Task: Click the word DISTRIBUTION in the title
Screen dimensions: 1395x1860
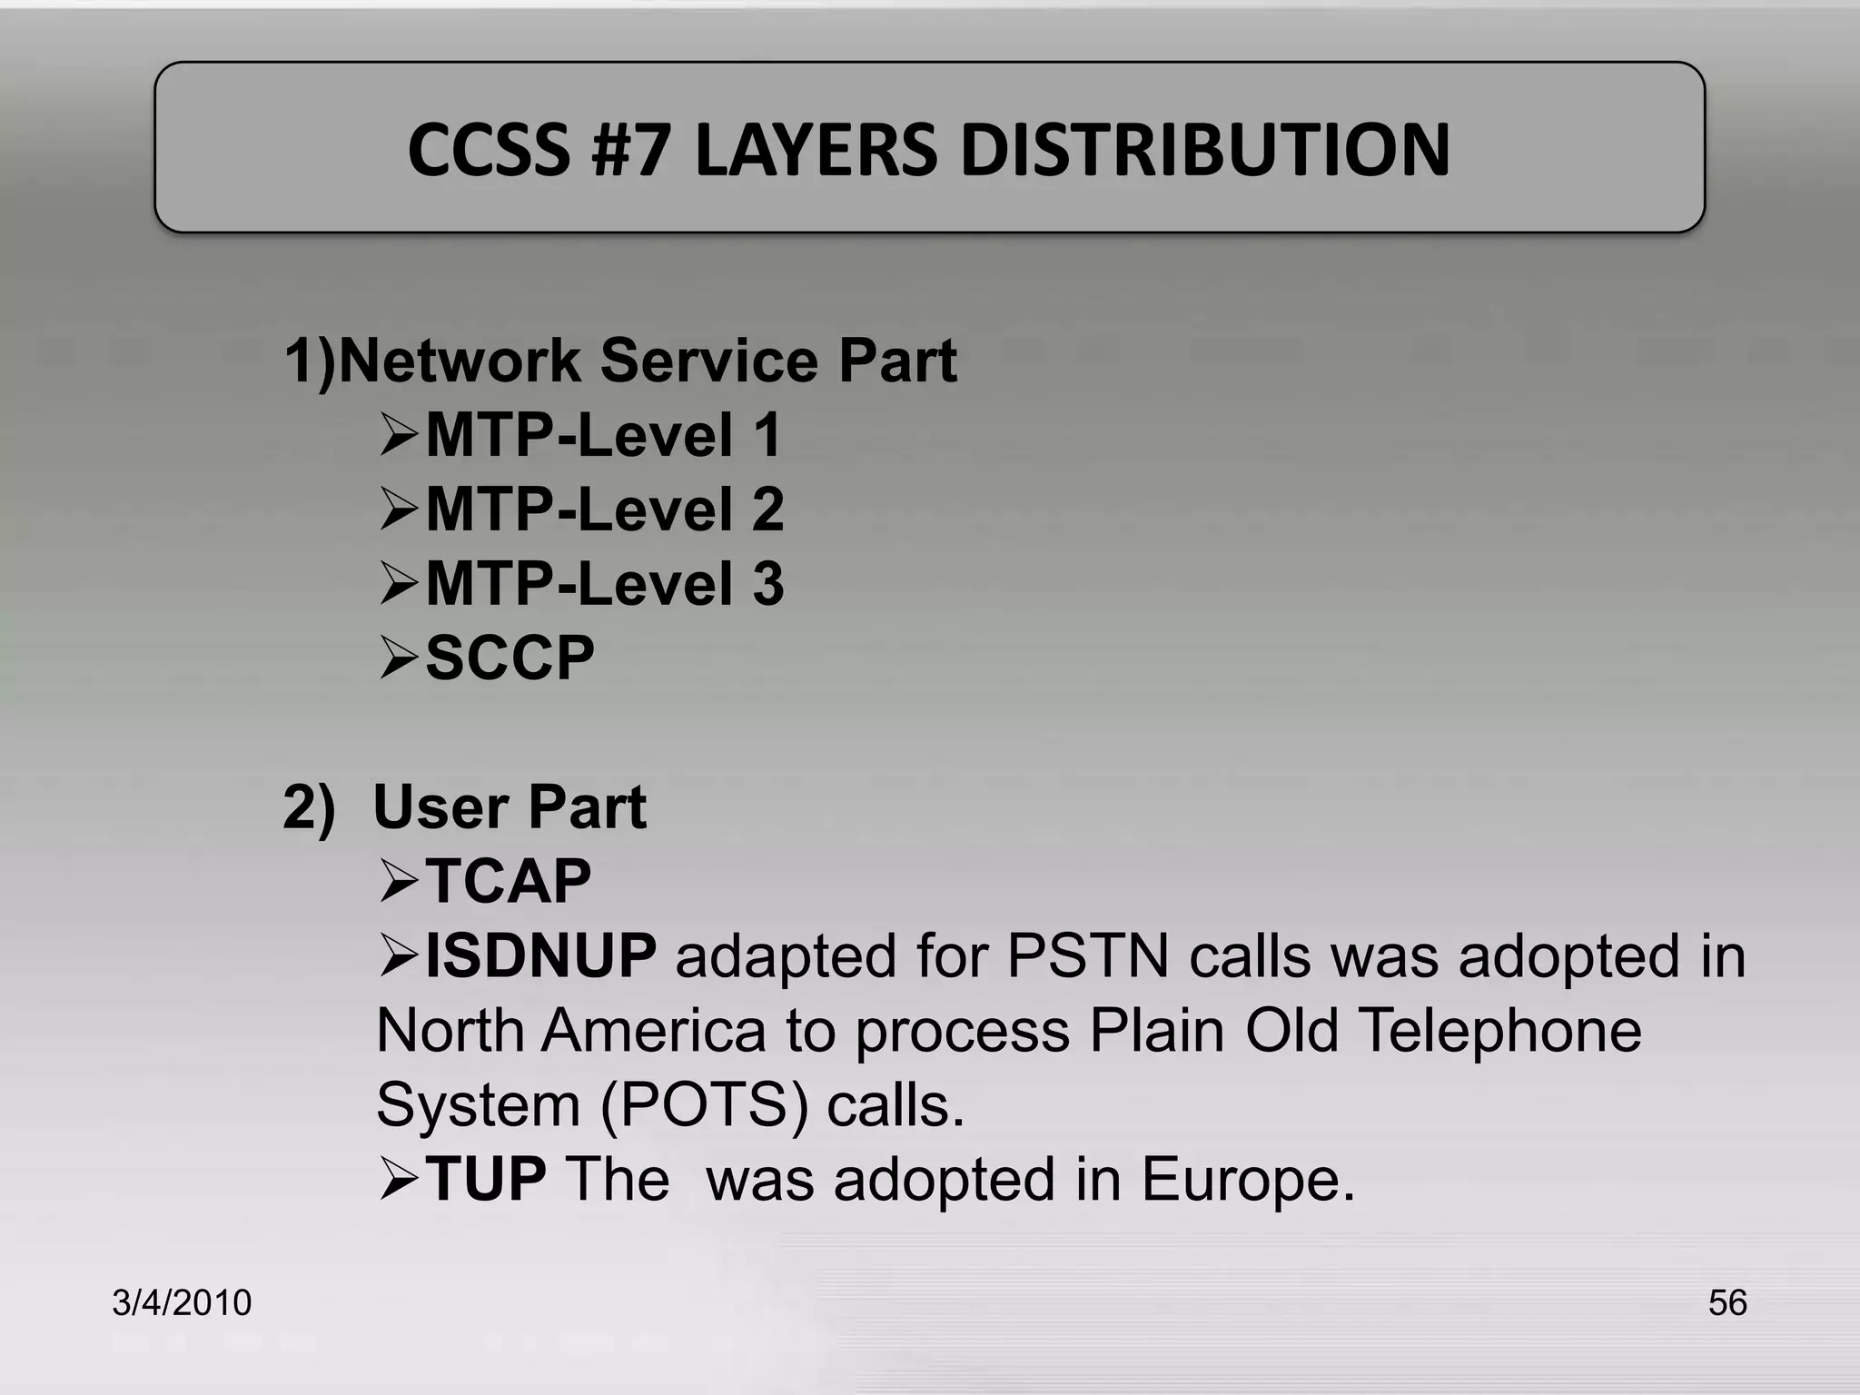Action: click(x=1204, y=150)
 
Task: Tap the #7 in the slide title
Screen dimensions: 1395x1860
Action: click(x=630, y=150)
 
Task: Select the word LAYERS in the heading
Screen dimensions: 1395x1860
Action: click(x=815, y=150)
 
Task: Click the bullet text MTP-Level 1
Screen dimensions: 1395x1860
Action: click(x=603, y=435)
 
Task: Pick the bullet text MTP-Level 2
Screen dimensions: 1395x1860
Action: click(x=604, y=510)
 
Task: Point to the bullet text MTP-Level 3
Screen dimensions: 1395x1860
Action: click(x=604, y=584)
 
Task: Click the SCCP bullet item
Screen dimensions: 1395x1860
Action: click(x=510, y=658)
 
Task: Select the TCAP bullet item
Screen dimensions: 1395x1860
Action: click(x=508, y=881)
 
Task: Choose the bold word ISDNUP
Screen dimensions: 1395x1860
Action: click(x=540, y=956)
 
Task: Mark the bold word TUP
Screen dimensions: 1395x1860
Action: click(x=485, y=1179)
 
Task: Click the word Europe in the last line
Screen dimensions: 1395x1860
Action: click(x=1247, y=1179)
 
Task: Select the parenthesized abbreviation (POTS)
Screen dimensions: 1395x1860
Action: click(x=703, y=1105)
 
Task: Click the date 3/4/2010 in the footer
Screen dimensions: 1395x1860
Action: click(x=182, y=1302)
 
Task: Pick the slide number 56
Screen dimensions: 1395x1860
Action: click(x=1726, y=1302)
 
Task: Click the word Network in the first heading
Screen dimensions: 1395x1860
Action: click(x=460, y=361)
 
